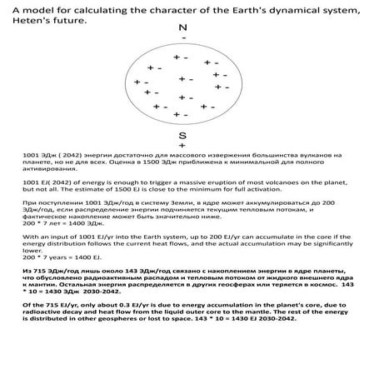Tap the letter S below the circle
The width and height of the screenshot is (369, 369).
182,133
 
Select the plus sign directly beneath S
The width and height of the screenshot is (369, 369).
182,144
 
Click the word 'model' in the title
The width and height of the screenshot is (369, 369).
45,7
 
